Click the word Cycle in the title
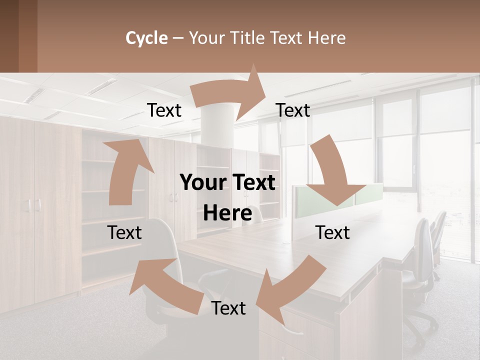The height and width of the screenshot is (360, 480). pos(146,38)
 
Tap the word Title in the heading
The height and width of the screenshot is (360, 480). pos(248,38)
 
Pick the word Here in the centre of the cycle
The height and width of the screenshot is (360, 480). pos(227,213)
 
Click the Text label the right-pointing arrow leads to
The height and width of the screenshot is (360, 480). pos(293,110)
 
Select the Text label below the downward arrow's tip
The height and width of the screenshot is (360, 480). pos(332,233)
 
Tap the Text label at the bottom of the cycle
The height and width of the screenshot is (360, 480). pos(228,308)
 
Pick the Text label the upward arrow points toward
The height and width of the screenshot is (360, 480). pos(164,110)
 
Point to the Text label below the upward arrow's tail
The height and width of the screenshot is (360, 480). pos(124,233)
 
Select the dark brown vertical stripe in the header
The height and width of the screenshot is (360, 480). pos(27,36)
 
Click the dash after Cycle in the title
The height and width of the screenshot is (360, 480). pos(178,38)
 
